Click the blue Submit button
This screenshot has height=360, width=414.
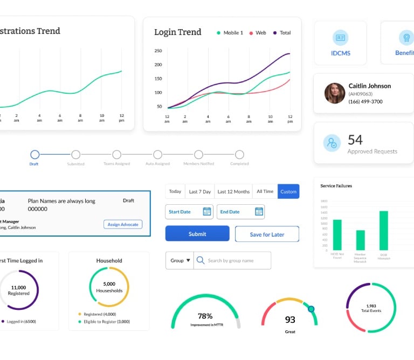(197, 234)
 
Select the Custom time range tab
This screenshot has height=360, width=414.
(288, 191)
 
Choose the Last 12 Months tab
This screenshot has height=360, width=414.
(233, 191)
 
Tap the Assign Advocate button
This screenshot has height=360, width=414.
(123, 224)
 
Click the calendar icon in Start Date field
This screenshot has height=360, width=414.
(206, 212)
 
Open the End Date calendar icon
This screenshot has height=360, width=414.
(258, 212)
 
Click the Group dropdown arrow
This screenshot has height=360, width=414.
(188, 260)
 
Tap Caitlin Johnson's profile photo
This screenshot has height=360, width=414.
(334, 93)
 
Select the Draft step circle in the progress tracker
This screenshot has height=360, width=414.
(34, 155)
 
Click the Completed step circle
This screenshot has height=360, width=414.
(239, 155)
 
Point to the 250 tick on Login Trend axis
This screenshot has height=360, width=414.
(158, 51)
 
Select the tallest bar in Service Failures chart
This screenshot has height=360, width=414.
(384, 230)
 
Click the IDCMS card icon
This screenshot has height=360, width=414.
(340, 37)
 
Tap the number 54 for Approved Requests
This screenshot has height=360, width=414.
(355, 140)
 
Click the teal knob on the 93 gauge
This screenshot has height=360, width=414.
(311, 309)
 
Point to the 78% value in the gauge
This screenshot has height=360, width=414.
(205, 316)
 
